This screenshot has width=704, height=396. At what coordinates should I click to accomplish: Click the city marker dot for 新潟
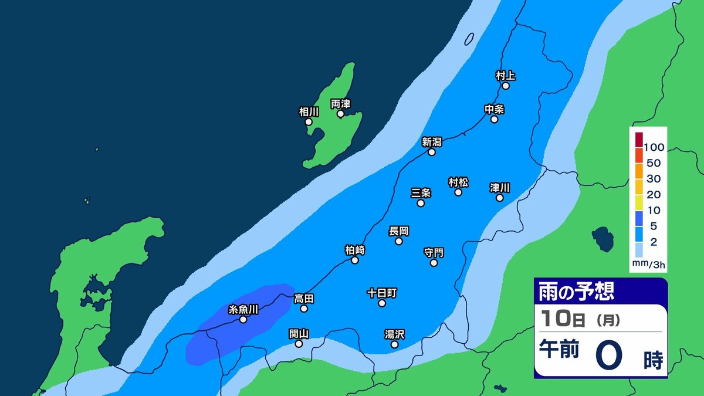click(x=432, y=152)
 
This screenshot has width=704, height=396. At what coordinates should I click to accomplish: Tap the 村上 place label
click(x=505, y=75)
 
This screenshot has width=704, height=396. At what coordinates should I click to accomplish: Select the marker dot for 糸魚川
click(x=243, y=320)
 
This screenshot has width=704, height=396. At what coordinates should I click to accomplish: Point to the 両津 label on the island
click(x=340, y=103)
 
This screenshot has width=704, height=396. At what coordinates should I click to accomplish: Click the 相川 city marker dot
click(x=309, y=121)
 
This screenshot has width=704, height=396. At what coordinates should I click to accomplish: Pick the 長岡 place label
click(x=399, y=231)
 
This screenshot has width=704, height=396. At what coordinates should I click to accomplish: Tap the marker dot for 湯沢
click(x=394, y=344)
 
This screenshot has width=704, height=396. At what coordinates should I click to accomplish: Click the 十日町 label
click(x=382, y=292)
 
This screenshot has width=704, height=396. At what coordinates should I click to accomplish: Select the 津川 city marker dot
click(x=500, y=198)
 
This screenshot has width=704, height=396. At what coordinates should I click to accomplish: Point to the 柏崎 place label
click(x=355, y=250)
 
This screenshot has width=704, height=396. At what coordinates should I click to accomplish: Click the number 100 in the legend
click(x=653, y=147)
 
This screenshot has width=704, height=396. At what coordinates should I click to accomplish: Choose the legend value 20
click(x=653, y=194)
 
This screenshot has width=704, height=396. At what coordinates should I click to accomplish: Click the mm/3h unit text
click(x=648, y=265)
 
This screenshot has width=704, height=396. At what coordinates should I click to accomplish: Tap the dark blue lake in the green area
click(x=603, y=238)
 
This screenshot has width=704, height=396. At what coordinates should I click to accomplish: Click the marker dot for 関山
click(x=299, y=344)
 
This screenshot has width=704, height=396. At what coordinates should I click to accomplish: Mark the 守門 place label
click(x=434, y=252)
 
